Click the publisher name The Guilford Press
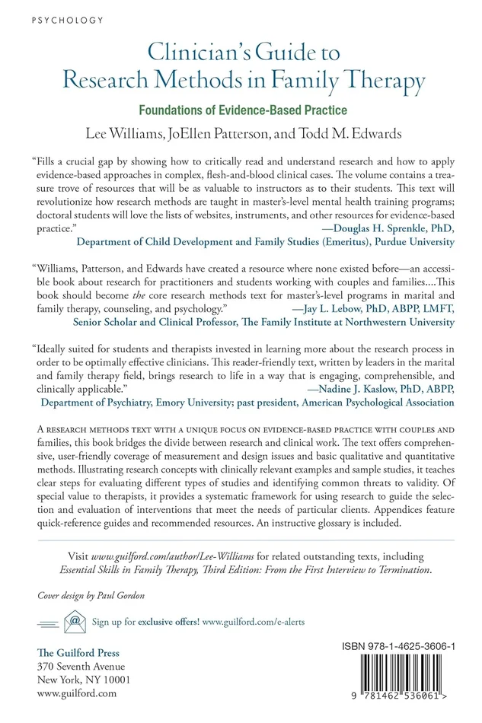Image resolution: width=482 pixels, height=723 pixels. (78, 653)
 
